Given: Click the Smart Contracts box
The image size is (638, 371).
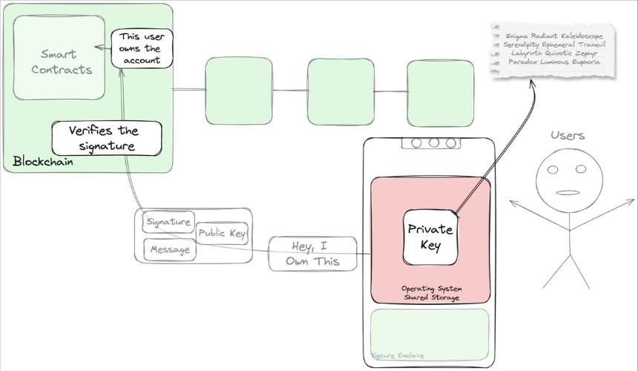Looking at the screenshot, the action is [x=59, y=58].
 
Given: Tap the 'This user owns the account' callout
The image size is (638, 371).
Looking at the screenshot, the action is [x=142, y=48].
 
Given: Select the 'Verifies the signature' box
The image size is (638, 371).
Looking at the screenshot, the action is [x=107, y=138].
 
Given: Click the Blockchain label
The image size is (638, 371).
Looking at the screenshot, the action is [x=43, y=162].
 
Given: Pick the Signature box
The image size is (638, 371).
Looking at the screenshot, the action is [x=168, y=222].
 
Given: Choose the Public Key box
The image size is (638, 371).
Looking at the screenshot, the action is [x=222, y=233].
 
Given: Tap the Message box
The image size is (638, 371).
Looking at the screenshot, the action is [x=170, y=249].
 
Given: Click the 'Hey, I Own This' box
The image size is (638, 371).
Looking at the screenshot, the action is [x=312, y=254].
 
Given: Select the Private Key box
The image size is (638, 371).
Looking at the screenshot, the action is [x=430, y=237].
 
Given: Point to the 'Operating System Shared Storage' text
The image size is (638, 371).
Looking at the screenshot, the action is [x=432, y=293].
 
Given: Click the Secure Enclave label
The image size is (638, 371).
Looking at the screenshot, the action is [x=398, y=355].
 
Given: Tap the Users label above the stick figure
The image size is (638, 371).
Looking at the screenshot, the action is [x=568, y=136].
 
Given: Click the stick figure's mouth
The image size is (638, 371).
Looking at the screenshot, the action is [x=568, y=193].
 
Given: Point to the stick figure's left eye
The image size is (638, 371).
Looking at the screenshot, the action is [x=553, y=170].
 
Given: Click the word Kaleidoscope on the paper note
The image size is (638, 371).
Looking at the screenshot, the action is [x=582, y=36].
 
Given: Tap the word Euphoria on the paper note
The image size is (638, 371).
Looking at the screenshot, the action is [x=586, y=62].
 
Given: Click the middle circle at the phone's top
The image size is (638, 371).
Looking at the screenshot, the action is [x=434, y=142].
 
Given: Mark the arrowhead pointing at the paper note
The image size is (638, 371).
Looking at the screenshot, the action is [x=531, y=82].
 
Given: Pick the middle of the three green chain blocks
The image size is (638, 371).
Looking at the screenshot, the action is [x=341, y=92].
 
